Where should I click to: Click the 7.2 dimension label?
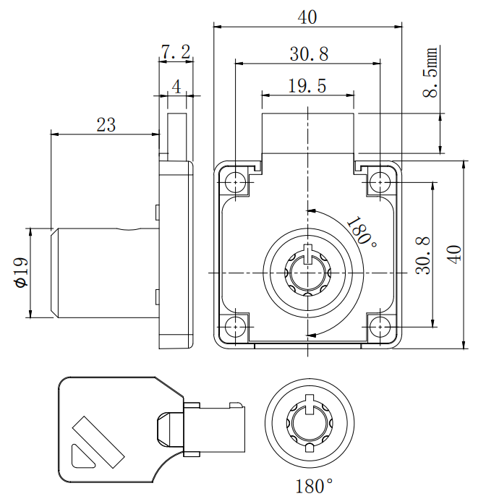(175, 52)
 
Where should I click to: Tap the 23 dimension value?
(106, 124)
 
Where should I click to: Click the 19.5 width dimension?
(307, 86)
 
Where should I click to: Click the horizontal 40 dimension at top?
(307, 18)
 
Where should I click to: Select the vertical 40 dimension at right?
(454, 254)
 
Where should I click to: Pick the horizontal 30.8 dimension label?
(309, 54)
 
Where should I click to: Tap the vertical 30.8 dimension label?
(423, 255)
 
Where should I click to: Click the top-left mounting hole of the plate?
(236, 182)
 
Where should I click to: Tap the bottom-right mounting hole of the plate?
(380, 326)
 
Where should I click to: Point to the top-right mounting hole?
(380, 182)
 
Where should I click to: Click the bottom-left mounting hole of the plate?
(236, 326)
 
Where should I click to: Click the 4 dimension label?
(176, 86)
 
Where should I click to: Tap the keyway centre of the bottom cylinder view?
(309, 424)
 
